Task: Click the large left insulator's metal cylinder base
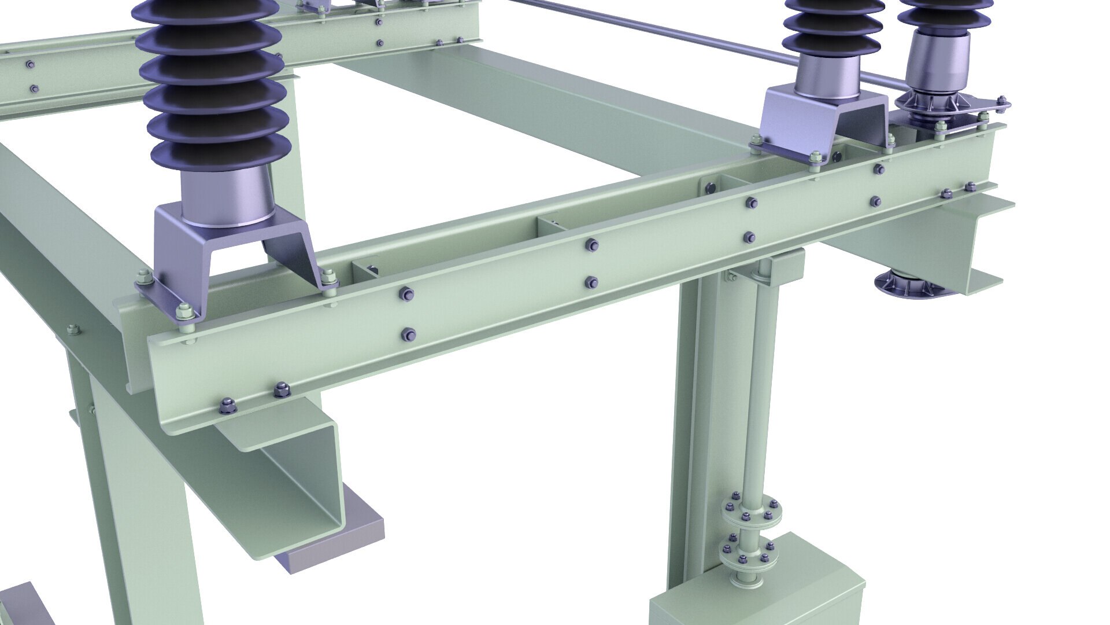tap(227, 194)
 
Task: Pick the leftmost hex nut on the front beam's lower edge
tap(225, 406)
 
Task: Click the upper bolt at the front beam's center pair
tap(592, 246)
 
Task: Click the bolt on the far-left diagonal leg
tap(72, 330)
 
